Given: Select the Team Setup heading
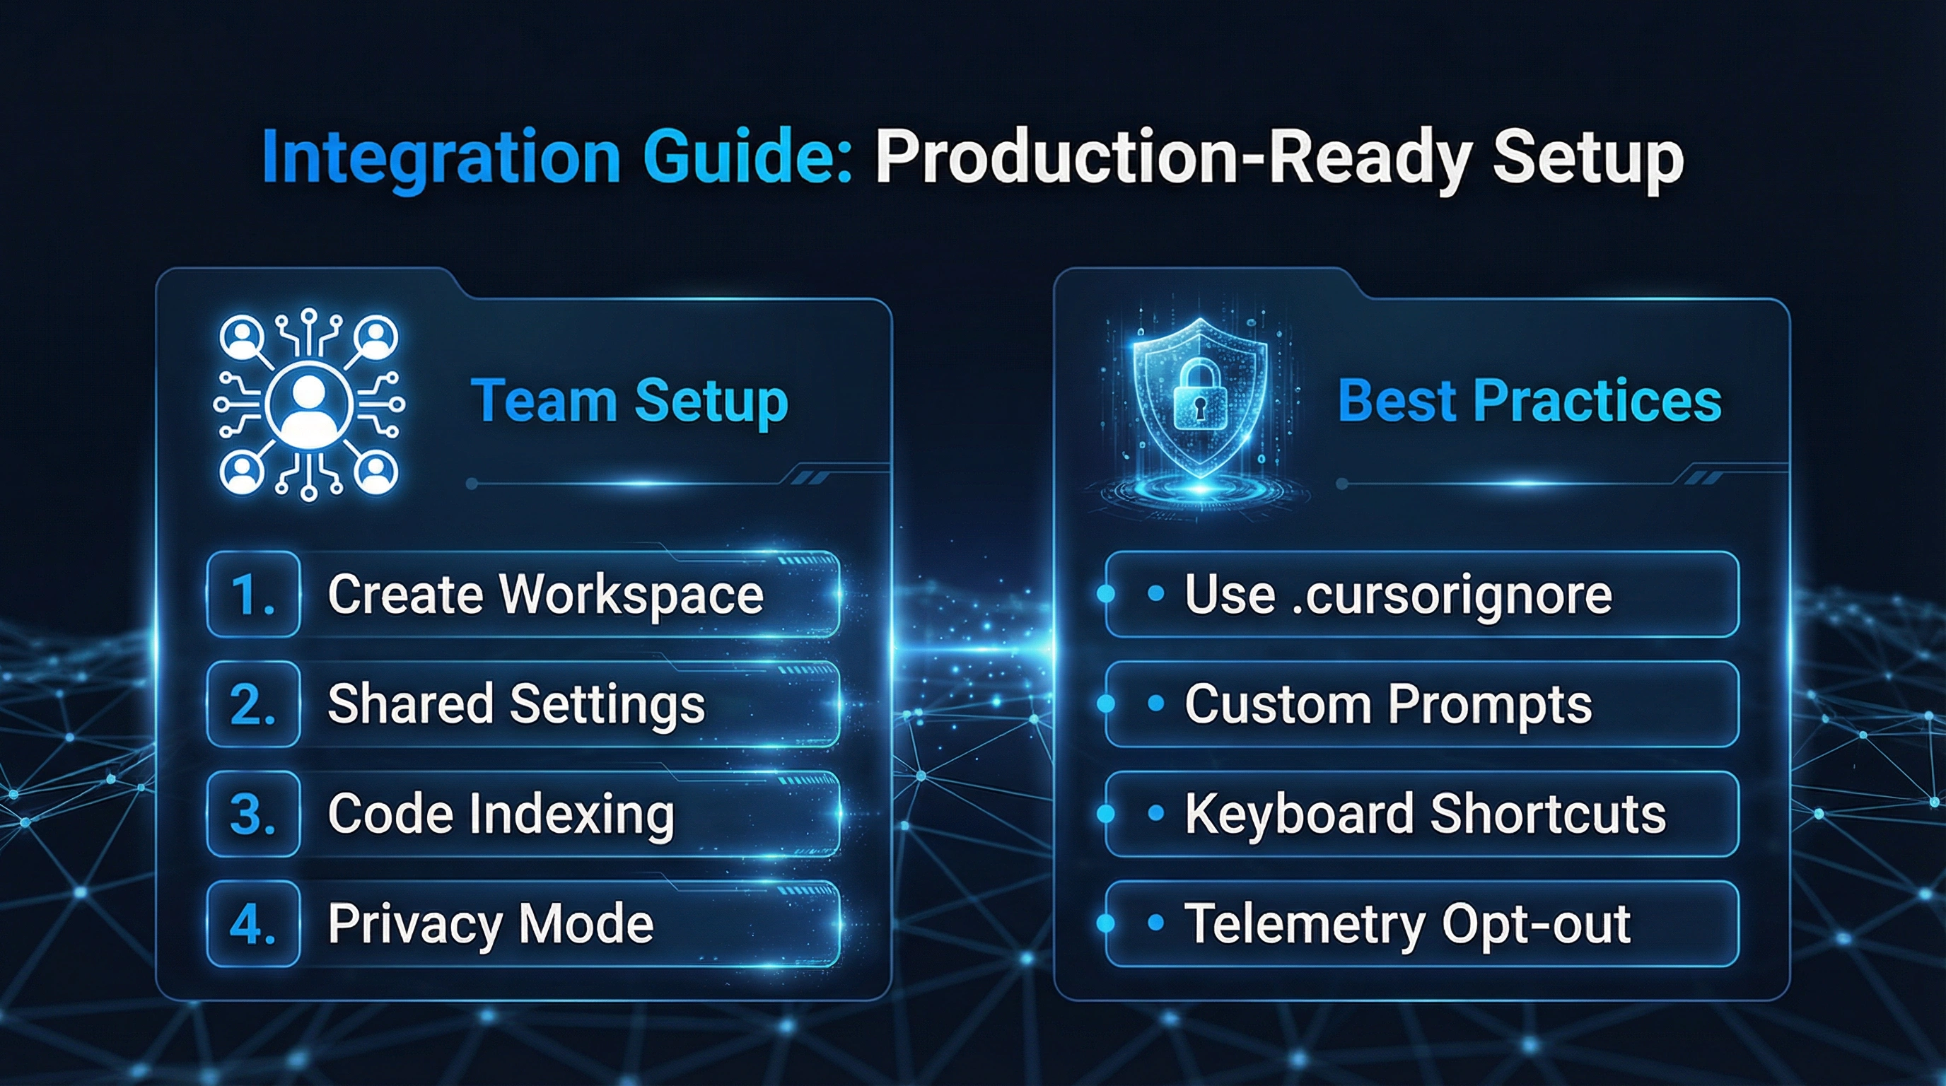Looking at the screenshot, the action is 629,402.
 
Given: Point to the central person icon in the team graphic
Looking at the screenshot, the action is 309,404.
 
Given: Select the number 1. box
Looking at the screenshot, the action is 253,595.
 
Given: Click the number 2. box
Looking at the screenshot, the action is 253,704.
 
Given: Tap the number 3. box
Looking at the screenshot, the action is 253,814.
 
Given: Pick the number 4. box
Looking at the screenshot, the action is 253,923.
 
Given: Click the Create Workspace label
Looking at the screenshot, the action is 545,595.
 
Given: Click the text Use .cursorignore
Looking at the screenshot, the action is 1398,595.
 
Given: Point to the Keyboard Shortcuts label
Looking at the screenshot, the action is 1425,814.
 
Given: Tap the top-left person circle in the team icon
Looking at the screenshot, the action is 242,337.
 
